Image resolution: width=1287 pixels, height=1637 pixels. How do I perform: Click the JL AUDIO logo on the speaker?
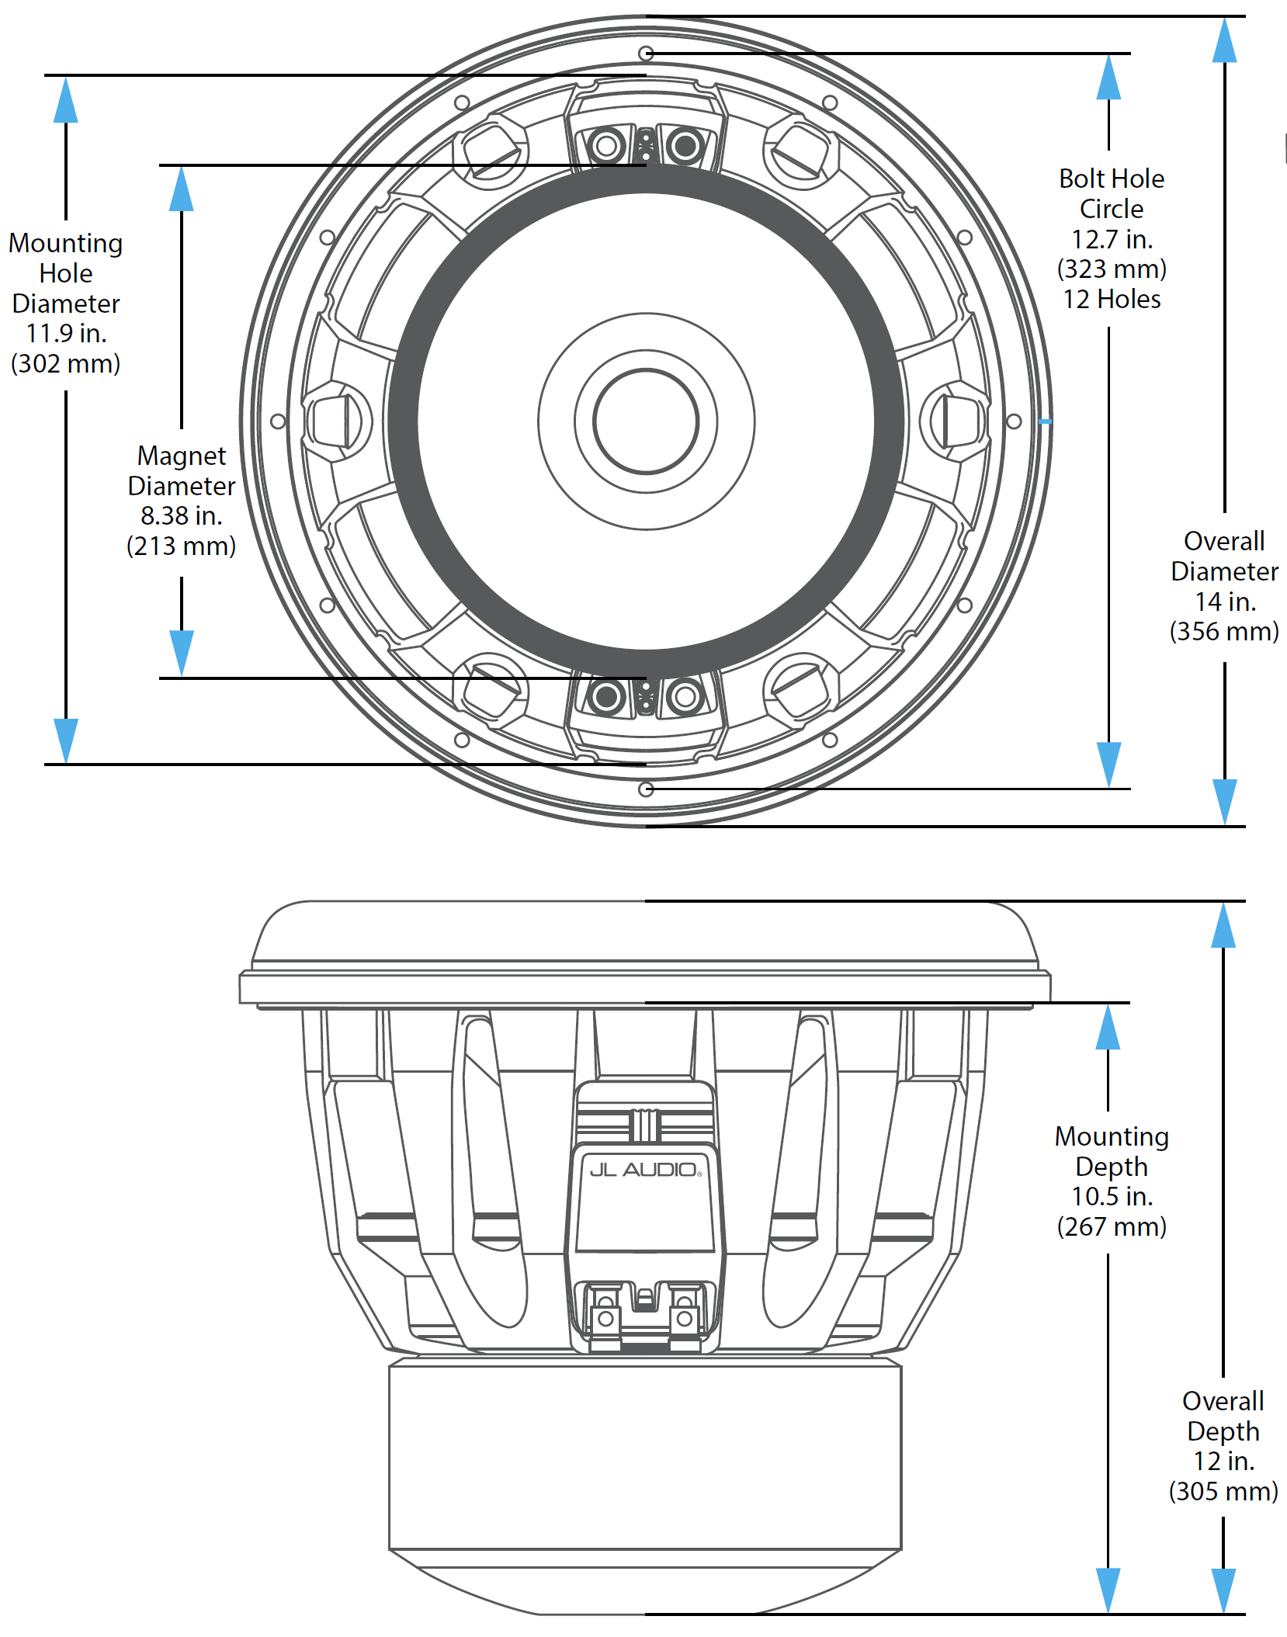pos(645,1170)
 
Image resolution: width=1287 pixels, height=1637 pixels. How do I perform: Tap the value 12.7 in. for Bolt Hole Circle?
pos(1112,239)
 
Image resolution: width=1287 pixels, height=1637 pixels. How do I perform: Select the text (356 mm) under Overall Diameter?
pos(1224,631)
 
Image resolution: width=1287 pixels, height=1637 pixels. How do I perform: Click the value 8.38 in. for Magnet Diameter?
pos(181,515)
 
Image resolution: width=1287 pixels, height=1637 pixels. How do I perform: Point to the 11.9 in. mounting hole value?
pos(66,333)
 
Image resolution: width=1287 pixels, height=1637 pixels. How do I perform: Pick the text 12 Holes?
pos(1112,300)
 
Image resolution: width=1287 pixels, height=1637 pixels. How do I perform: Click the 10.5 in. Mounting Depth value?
pos(1112,1196)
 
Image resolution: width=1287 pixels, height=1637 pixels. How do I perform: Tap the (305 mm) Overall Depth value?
pos(1223,1490)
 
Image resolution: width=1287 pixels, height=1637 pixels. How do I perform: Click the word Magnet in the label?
pos(182,456)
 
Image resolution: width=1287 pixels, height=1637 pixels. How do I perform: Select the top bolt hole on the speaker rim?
pos(646,54)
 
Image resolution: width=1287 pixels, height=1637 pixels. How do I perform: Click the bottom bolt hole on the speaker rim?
pos(646,789)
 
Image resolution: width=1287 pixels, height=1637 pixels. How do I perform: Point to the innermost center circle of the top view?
pos(646,421)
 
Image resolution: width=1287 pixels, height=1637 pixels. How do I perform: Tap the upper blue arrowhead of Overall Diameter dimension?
pos(1224,40)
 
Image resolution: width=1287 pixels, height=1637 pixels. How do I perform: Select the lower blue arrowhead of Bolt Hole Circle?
pos(1108,764)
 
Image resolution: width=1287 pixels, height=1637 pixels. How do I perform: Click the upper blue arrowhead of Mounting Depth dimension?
pos(1108,1027)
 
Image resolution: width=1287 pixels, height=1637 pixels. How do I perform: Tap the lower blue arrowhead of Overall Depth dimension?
pos(1223,1590)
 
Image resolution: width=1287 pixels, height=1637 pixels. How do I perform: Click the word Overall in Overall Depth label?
pos(1223,1401)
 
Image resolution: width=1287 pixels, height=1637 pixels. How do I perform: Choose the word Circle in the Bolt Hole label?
pos(1112,209)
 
